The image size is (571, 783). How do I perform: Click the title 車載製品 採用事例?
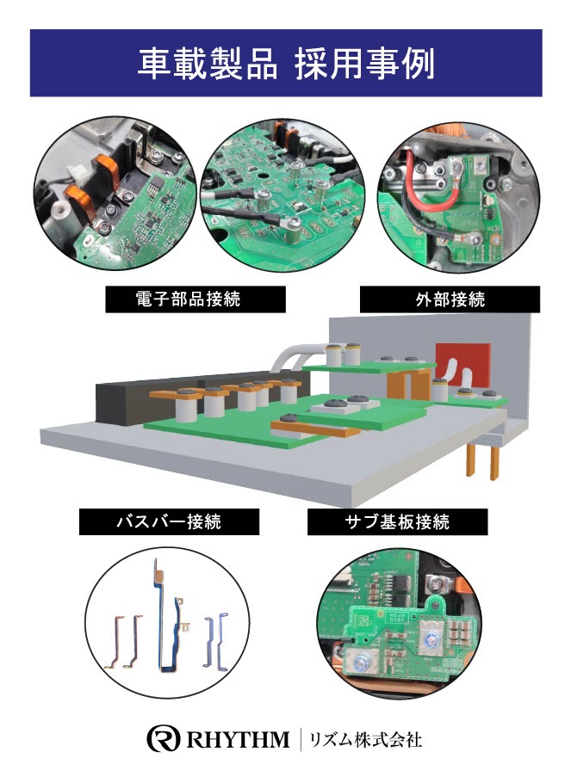coord(286,64)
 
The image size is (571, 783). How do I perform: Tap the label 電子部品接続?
coord(188,299)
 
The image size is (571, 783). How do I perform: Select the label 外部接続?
coord(450,299)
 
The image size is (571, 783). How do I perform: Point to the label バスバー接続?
coord(169,521)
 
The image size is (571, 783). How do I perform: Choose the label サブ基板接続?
coord(397,521)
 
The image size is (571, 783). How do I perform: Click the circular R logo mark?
coord(163,738)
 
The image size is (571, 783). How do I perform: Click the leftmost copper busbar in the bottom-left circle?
coord(115,643)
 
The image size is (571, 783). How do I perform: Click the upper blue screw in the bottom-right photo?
coord(431,638)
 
